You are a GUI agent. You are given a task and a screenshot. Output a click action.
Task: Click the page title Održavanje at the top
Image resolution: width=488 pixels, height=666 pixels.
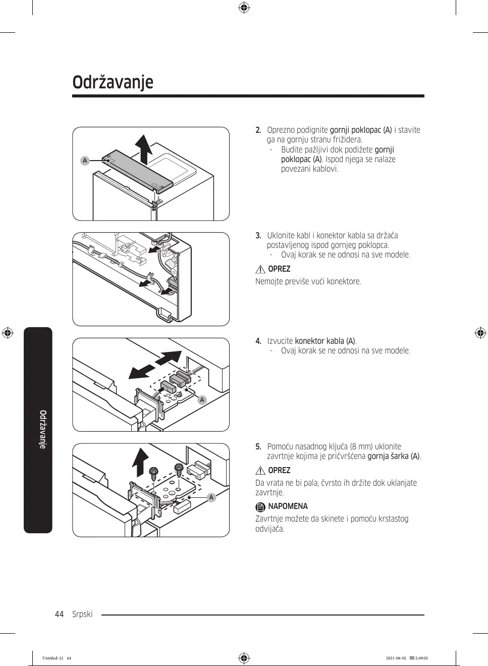pos(113,82)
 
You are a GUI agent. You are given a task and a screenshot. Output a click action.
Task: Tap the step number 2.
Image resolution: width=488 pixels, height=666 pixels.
pos(258,130)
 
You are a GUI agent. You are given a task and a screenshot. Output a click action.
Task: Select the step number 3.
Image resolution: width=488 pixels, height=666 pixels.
pos(258,236)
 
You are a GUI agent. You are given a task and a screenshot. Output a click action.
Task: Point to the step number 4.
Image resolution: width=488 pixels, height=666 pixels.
pos(258,341)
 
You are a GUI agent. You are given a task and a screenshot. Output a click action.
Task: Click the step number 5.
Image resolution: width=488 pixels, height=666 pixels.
pos(258,447)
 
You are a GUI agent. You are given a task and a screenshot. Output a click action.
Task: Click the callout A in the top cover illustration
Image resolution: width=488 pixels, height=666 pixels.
pos(85,161)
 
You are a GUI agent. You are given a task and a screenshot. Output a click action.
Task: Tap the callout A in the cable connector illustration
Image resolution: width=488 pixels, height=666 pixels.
pos(202,400)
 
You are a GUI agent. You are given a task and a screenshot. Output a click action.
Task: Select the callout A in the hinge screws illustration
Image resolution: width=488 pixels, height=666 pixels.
pos(211,497)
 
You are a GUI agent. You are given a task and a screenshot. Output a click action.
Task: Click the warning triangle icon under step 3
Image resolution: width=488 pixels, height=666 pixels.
pos(260,269)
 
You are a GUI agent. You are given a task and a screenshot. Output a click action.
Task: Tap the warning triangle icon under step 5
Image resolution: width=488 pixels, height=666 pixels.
pos(260,471)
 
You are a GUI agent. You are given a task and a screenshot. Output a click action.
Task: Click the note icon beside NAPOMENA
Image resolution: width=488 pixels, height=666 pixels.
pos(260,507)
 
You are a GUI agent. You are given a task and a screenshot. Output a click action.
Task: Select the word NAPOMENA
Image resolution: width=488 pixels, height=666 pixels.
pos(288,506)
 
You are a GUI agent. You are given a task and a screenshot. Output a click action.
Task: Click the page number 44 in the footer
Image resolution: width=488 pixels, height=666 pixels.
pos(60,614)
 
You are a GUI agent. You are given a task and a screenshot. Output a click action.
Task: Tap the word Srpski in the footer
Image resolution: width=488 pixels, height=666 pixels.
pos(82,614)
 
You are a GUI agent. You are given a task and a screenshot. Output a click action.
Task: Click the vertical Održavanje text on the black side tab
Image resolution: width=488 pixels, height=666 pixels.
pos(43,429)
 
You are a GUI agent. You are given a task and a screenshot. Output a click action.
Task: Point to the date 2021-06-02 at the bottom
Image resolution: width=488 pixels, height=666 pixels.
pos(396,658)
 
